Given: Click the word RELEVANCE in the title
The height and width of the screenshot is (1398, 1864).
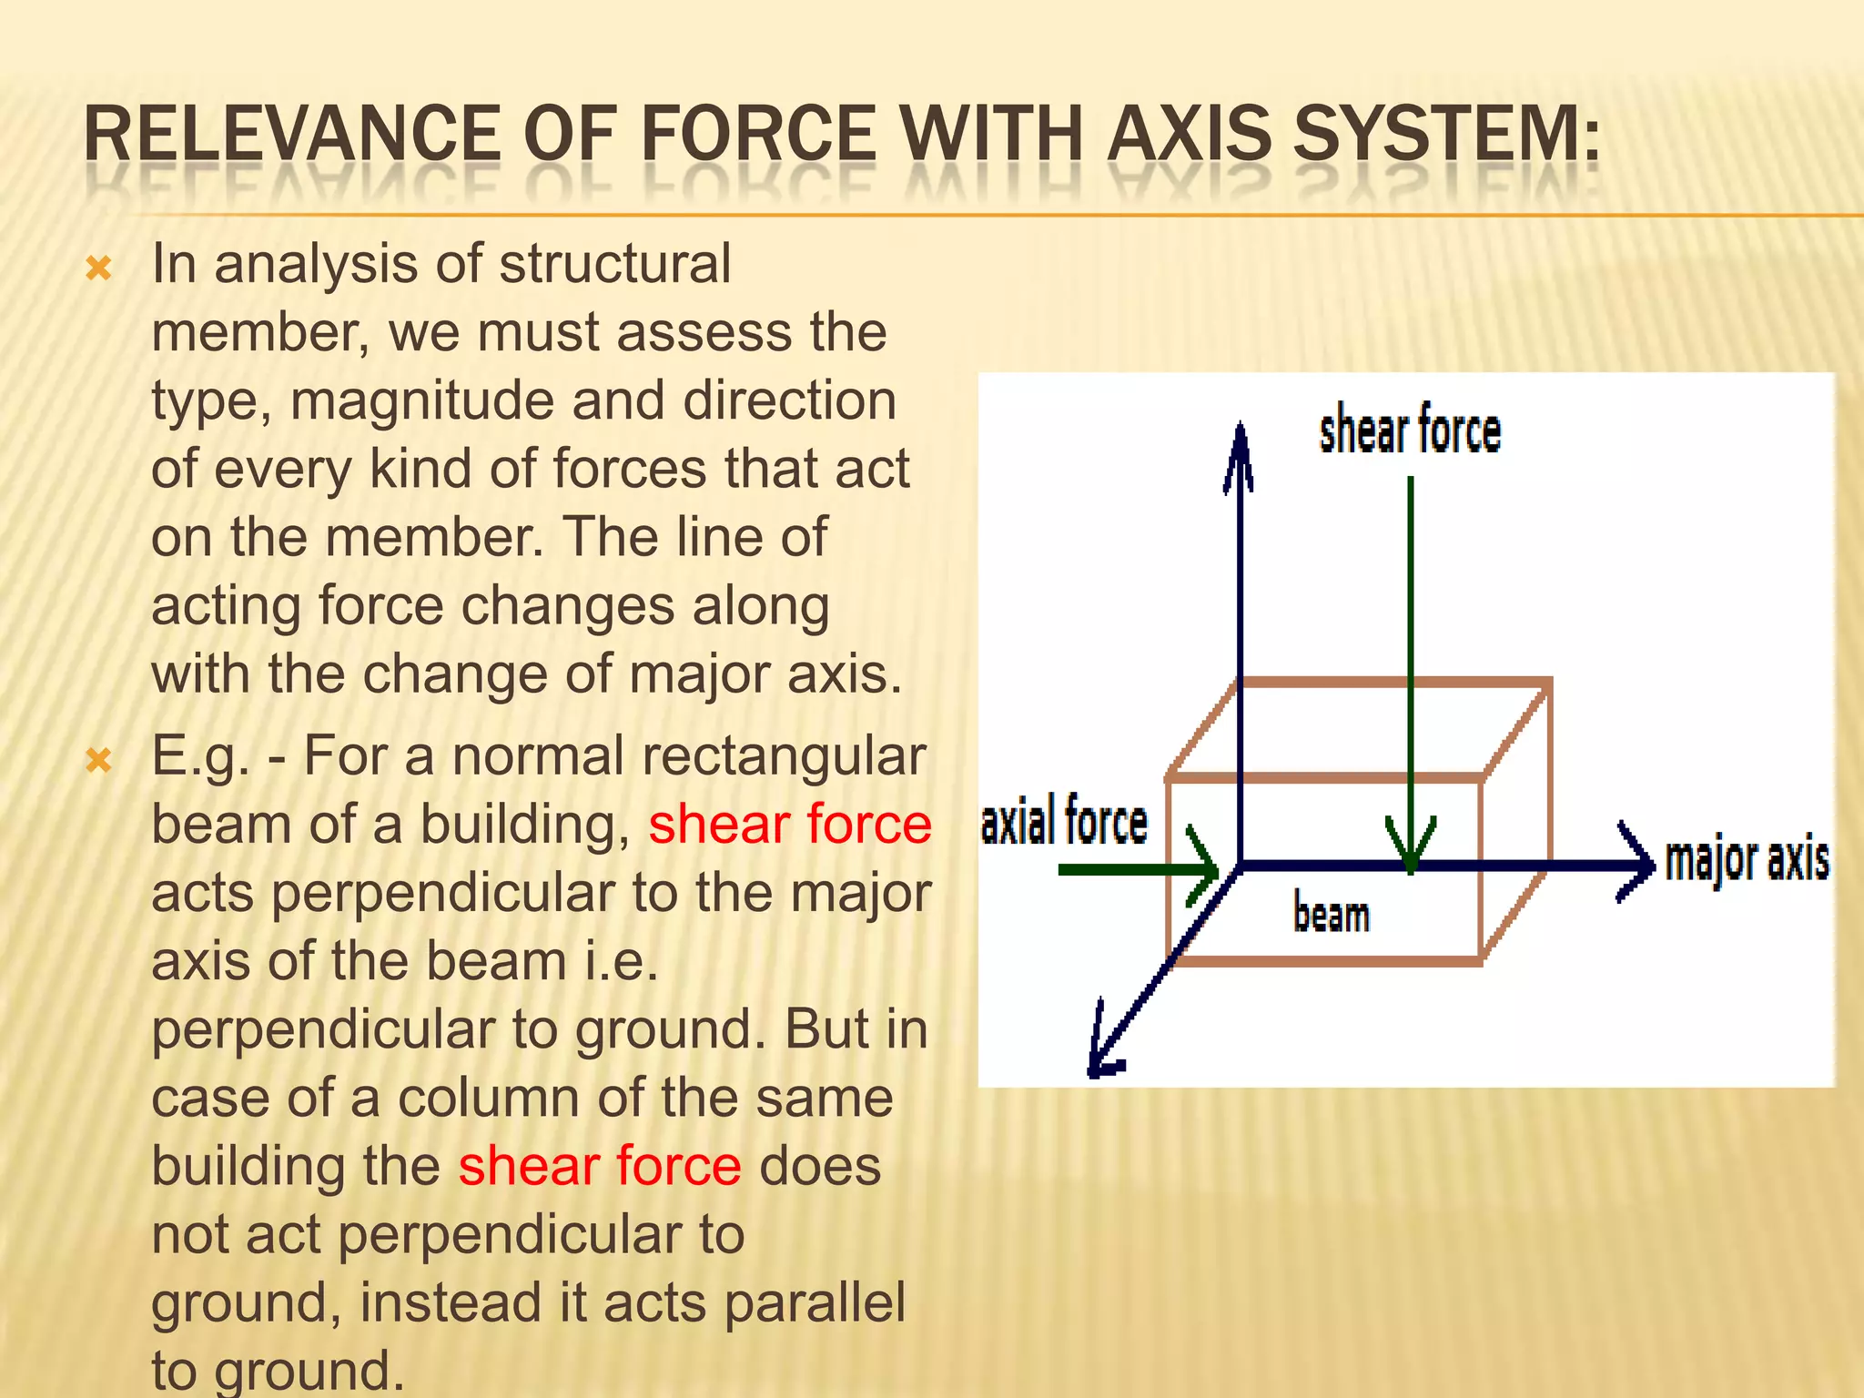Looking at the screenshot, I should [x=291, y=135].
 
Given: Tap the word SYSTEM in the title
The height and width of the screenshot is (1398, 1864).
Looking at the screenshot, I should [x=1447, y=135].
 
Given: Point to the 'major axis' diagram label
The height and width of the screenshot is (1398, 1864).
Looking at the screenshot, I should [x=1746, y=860].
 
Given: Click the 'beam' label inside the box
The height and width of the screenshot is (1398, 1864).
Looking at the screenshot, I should [x=1331, y=915].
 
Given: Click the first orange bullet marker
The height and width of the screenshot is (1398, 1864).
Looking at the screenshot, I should [x=98, y=268].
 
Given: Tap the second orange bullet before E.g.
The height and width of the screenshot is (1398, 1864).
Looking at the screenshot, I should [x=98, y=760].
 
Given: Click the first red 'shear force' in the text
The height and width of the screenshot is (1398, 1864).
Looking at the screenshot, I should [x=789, y=825].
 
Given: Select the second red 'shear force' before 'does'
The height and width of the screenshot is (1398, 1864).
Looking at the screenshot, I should [x=600, y=1166].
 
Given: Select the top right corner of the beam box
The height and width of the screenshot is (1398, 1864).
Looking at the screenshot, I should [x=1548, y=681].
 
